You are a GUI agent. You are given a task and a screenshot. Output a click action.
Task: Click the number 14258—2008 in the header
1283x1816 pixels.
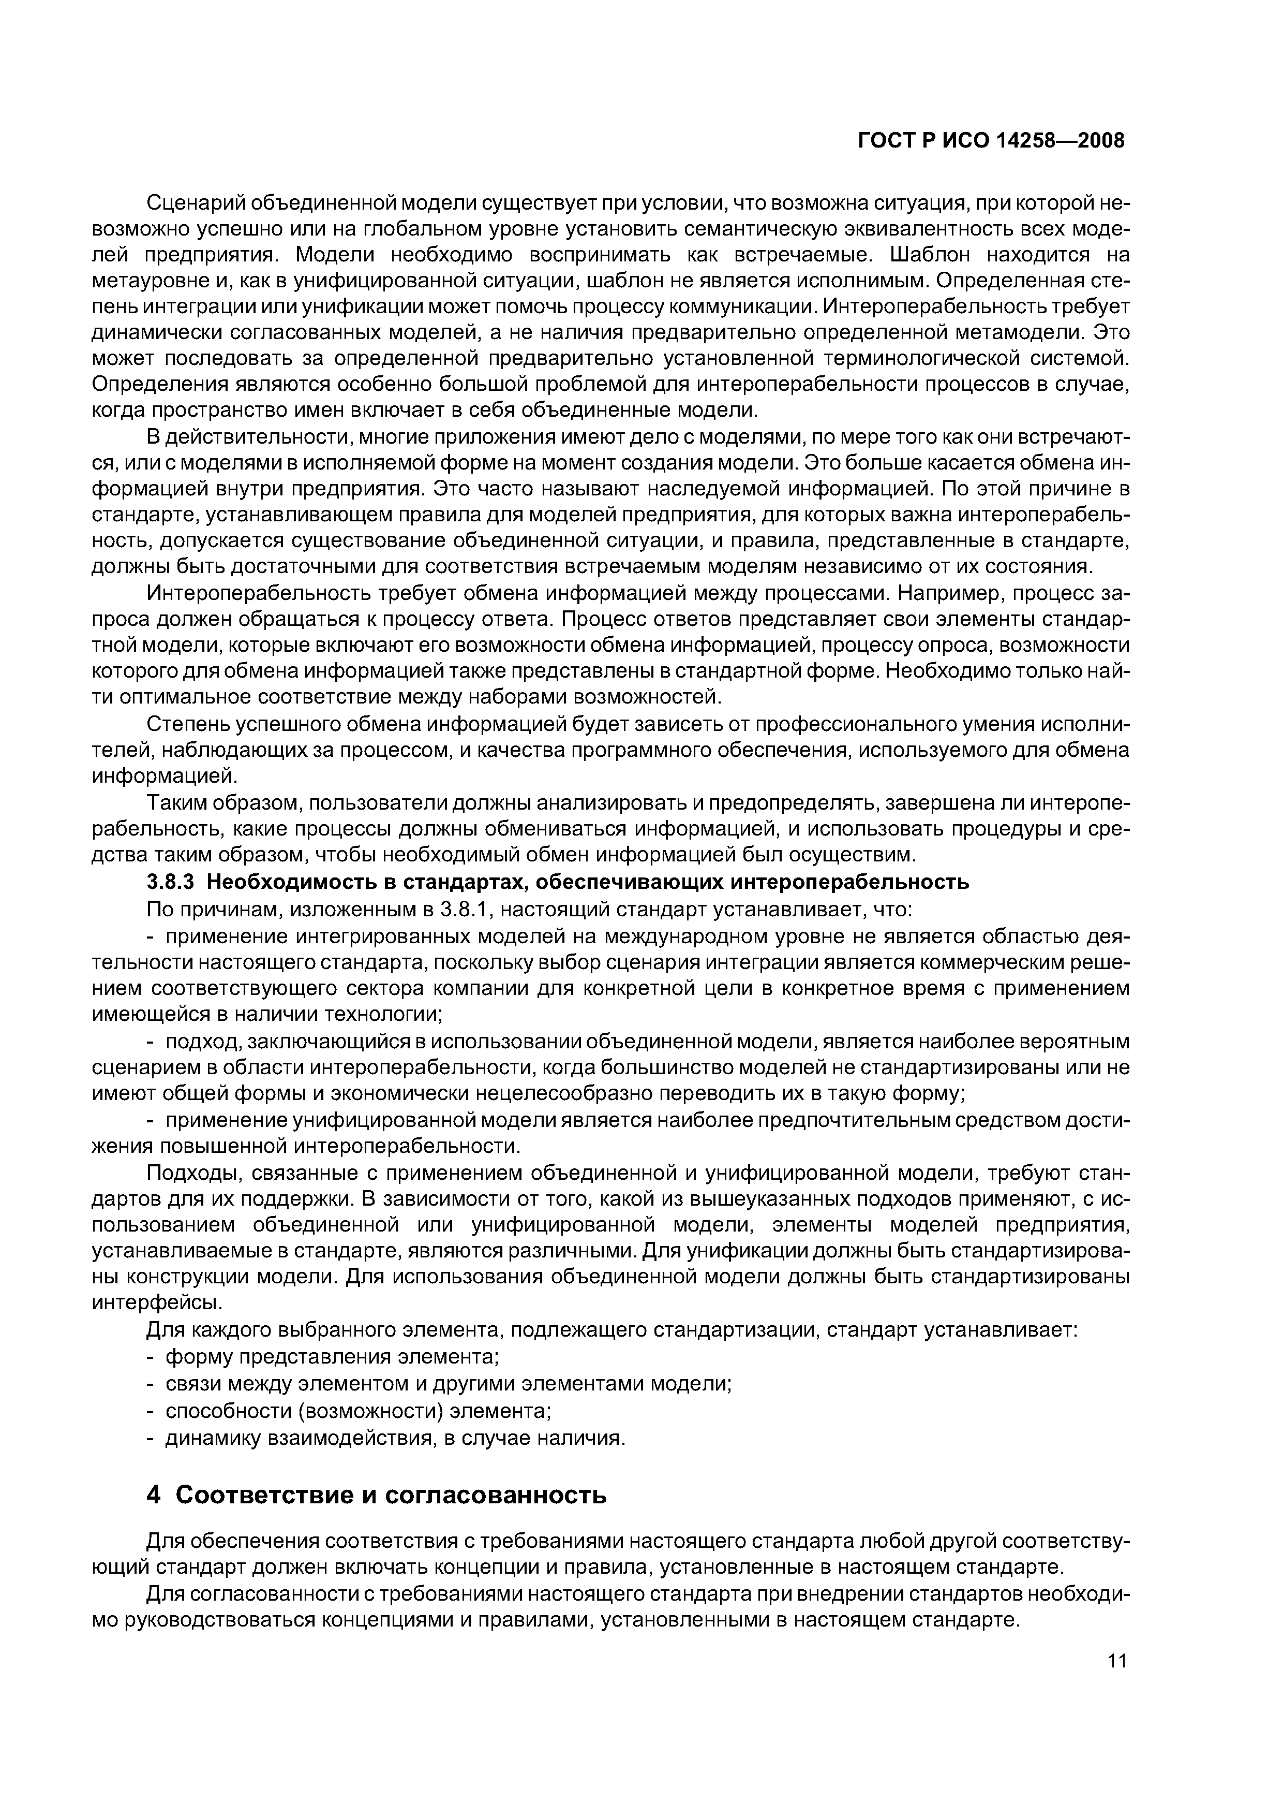click(x=1061, y=141)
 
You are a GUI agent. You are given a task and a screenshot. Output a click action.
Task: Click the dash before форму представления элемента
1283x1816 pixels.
click(x=152, y=1357)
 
